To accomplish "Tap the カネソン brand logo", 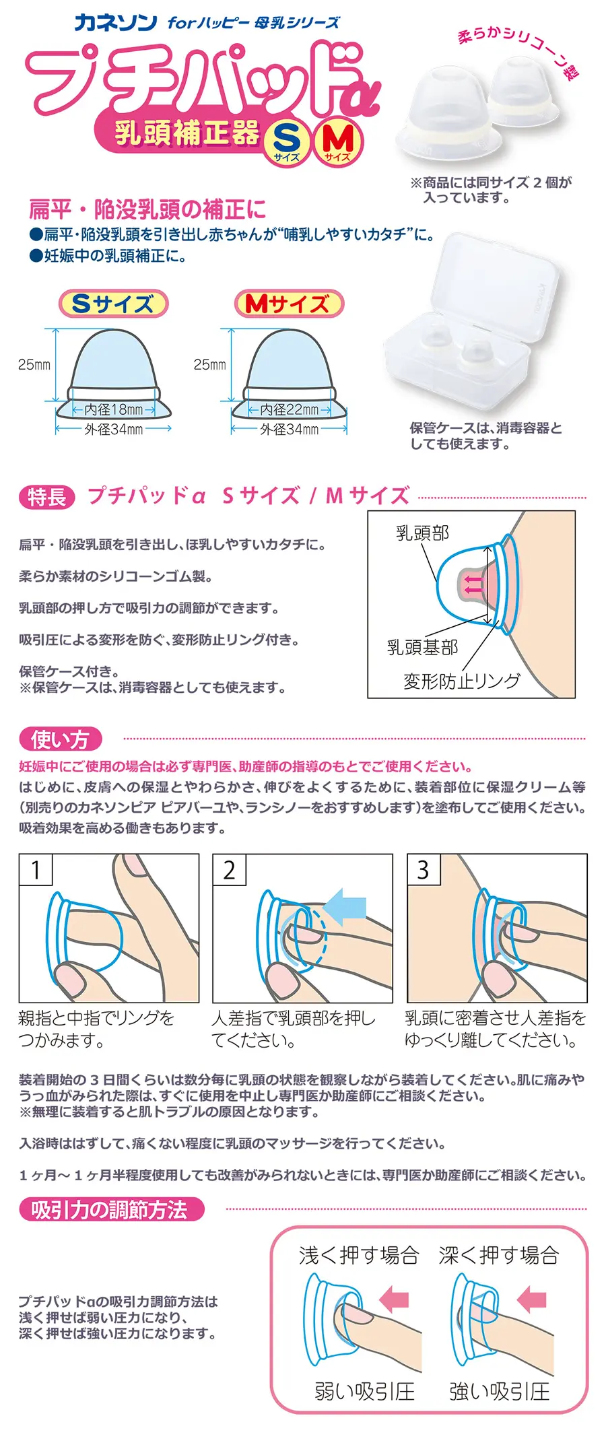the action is click(116, 22).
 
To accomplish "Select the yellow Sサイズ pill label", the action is click(113, 304).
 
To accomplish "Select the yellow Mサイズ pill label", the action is click(289, 304).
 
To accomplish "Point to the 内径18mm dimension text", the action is click(113, 409).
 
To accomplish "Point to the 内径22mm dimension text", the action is click(290, 409).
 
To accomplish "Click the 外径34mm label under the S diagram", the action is click(113, 429).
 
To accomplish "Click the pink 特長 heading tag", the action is click(46, 497).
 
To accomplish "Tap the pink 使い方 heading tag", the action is click(60, 739).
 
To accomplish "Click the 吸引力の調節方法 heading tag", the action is click(111, 1210).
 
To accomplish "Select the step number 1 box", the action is click(36, 870).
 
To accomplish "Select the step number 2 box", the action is click(229, 870).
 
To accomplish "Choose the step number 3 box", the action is click(423, 870).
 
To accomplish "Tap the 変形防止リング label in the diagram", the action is click(462, 681).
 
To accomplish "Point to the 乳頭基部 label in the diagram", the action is click(422, 647).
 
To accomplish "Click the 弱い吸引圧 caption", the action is click(364, 1391).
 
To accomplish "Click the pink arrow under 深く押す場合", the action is click(531, 1295).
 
